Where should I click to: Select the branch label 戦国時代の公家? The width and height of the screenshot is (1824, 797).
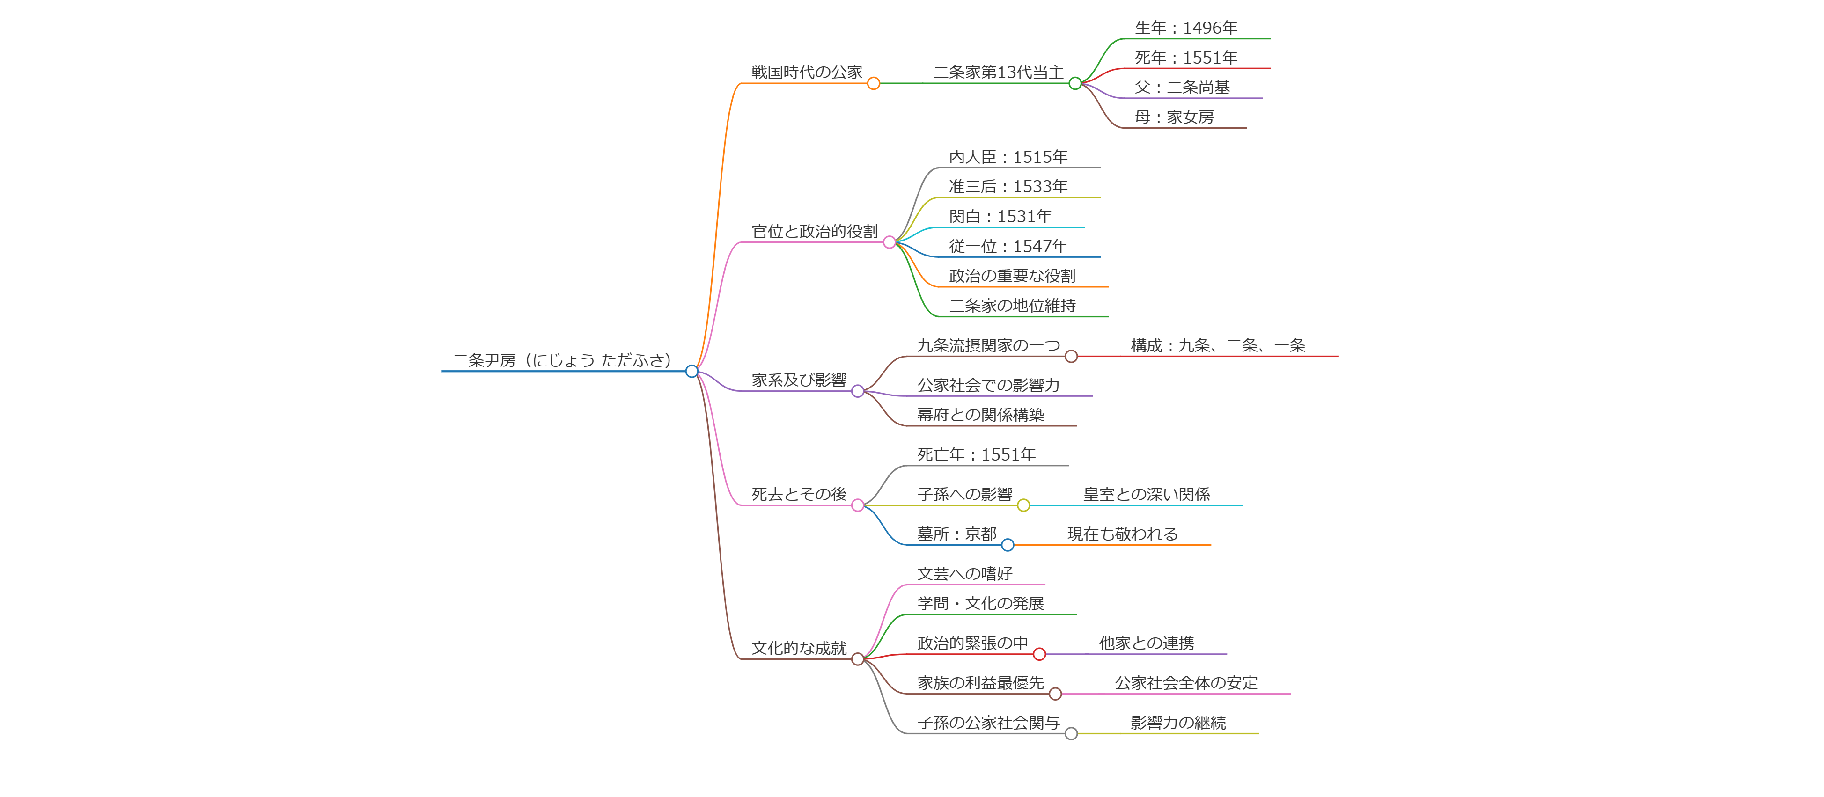[x=807, y=72]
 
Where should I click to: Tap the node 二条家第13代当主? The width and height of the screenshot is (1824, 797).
[x=999, y=72]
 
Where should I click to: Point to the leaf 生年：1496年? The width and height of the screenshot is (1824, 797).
[x=1186, y=28]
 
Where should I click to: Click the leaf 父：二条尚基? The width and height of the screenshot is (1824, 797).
[x=1182, y=88]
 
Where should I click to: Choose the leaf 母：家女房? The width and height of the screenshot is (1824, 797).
[x=1174, y=117]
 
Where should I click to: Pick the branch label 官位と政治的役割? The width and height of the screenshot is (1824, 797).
[x=814, y=232]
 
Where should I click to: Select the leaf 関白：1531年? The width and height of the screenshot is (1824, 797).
[x=1000, y=217]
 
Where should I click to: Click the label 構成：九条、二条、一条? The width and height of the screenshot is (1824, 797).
[x=1218, y=345]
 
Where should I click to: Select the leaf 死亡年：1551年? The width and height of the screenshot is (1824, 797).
[x=977, y=454]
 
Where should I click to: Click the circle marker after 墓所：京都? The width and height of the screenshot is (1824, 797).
[x=1008, y=545]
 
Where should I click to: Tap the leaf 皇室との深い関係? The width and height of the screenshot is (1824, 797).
[x=1147, y=494]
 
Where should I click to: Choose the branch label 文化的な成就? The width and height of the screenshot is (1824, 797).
[x=799, y=648]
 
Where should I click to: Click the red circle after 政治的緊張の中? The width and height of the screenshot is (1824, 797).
[x=1039, y=654]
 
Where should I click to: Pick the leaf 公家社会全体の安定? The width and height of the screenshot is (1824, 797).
[x=1186, y=683]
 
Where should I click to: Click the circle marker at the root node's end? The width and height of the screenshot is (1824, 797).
[x=692, y=372]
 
